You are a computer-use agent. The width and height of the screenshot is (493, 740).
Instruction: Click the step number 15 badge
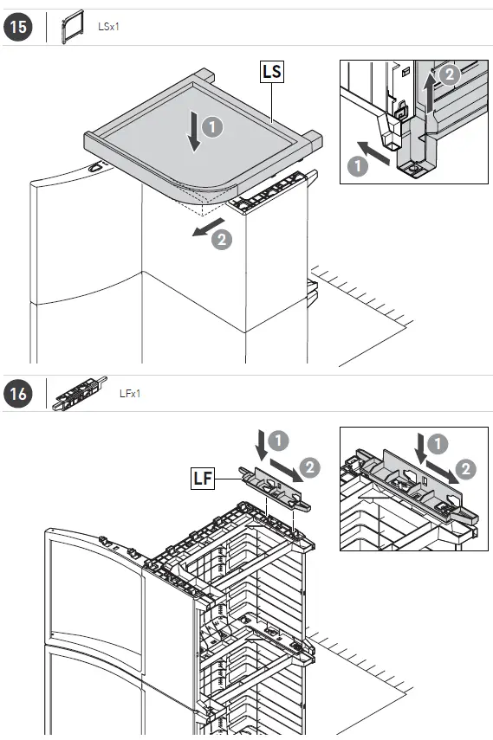point(18,27)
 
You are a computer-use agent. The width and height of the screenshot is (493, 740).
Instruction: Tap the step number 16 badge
point(18,393)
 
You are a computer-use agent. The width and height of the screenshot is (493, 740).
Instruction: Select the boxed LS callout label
point(272,72)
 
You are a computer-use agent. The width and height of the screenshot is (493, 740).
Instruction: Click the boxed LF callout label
point(202,478)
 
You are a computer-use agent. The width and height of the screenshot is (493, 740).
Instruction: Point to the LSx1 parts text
point(108,27)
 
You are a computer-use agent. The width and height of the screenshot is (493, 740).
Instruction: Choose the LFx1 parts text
point(130,393)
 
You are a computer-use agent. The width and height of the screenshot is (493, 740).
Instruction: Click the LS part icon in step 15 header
point(72,27)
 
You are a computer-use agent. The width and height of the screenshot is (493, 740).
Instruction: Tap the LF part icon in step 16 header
point(80,394)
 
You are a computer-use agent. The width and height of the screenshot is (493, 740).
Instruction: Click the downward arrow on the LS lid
point(194,131)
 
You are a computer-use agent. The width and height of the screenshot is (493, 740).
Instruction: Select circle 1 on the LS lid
point(212,127)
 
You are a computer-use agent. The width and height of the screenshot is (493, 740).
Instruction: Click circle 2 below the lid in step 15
point(221,239)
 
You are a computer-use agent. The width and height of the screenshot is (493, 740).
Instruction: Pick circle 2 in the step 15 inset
point(450,74)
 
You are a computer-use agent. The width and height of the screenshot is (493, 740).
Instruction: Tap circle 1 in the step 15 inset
point(357,165)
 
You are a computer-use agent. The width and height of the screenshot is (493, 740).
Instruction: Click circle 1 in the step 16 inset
point(438,444)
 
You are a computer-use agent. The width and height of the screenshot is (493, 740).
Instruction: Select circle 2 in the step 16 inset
point(465,469)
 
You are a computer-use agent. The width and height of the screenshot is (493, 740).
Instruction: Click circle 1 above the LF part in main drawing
point(278,441)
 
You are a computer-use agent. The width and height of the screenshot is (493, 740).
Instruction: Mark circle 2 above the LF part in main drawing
point(309,467)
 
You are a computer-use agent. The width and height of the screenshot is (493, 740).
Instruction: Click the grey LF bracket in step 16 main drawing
point(276,488)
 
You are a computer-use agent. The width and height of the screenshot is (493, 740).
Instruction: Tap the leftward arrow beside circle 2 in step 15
point(208,227)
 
